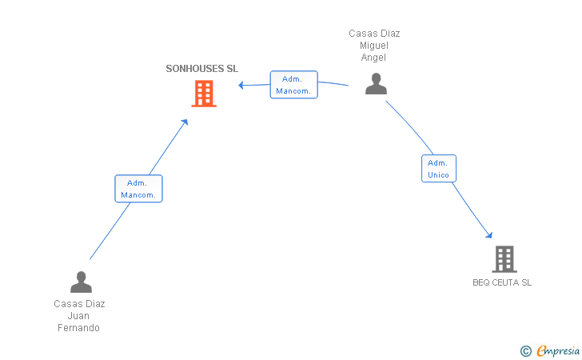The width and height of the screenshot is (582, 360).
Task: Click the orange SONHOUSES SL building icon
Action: tap(204, 94)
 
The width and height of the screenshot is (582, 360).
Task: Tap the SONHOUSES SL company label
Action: tap(202, 69)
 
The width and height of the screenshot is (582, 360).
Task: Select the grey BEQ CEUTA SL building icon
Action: tap(504, 259)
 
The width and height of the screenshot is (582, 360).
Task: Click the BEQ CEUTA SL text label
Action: tap(502, 282)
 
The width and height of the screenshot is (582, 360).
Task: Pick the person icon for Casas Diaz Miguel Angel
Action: tap(376, 83)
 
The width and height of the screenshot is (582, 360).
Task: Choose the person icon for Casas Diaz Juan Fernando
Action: tap(81, 282)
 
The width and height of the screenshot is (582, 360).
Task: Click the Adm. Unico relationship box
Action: tap(439, 169)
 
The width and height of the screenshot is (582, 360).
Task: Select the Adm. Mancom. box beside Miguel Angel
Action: tap(294, 85)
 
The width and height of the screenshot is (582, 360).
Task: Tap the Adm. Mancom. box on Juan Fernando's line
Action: tap(138, 189)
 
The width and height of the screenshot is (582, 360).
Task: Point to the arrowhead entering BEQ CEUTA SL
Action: tap(489, 234)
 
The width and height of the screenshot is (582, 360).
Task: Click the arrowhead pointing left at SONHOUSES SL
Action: tap(241, 85)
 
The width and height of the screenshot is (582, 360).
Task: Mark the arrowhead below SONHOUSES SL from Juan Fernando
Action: tap(185, 122)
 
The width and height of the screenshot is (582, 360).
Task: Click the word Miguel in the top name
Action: tap(374, 46)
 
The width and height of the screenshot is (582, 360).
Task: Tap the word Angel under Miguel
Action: tap(373, 58)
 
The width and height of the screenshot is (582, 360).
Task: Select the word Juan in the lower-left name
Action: tap(78, 316)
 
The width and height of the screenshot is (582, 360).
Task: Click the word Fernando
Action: tap(78, 328)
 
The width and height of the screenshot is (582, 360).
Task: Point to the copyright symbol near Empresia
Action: tap(526, 351)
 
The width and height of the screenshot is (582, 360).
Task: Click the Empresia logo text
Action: tap(558, 350)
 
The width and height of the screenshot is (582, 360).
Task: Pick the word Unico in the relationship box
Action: tap(438, 175)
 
